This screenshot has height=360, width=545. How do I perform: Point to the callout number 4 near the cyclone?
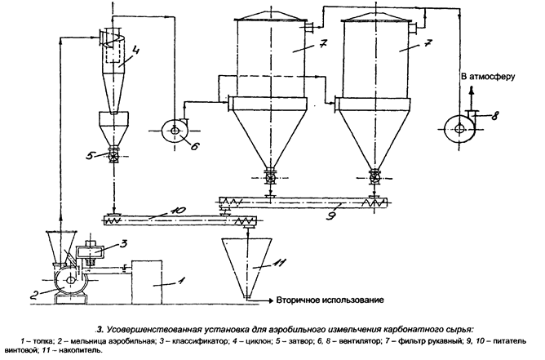(135, 51)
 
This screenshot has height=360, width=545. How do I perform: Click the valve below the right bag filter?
(374, 176)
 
